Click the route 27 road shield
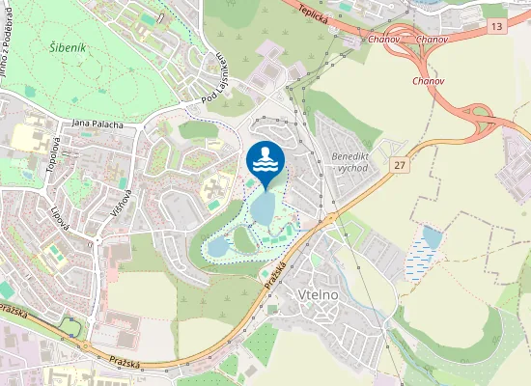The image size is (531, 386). pos(399,166)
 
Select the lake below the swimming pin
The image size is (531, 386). pos(262,207)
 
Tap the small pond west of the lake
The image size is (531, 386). pos(218,247)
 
